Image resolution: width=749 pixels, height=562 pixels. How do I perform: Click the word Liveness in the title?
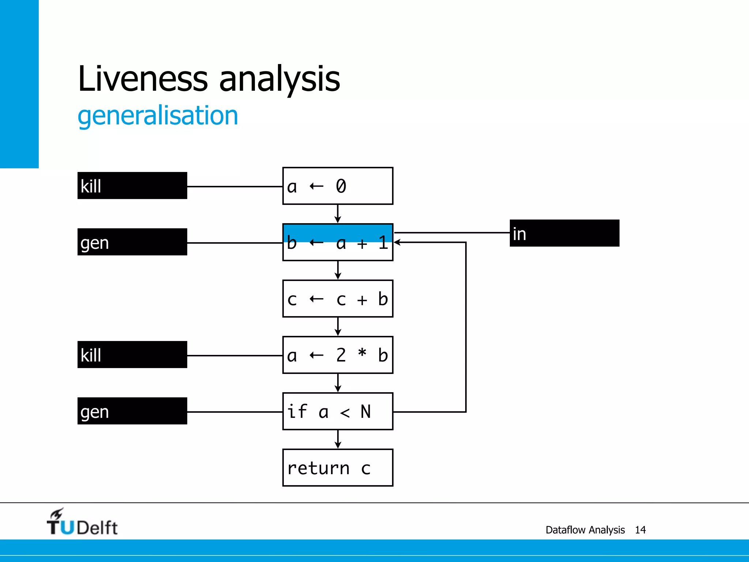[x=143, y=78]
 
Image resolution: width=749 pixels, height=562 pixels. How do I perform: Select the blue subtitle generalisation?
[x=158, y=116]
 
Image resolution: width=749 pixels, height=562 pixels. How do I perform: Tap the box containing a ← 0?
[x=338, y=186]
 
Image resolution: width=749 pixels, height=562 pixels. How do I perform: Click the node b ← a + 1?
[x=338, y=242]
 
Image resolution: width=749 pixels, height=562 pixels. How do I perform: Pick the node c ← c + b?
[x=338, y=299]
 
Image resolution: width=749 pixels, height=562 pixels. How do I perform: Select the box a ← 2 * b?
[x=338, y=355]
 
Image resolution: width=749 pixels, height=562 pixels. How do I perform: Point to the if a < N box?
[x=338, y=411]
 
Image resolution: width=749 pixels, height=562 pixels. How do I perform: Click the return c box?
[x=338, y=468]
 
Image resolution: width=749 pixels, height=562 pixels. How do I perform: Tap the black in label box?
[x=564, y=233]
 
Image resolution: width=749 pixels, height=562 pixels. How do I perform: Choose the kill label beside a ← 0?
[x=132, y=186]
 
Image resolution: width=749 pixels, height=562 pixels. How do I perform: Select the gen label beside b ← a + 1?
[x=132, y=242]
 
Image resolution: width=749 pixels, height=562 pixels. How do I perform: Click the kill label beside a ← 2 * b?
[x=132, y=355]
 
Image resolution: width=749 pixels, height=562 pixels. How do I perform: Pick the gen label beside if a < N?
[x=132, y=411]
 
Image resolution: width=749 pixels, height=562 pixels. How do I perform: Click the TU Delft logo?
[x=82, y=522]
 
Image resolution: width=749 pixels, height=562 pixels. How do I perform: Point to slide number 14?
[x=640, y=530]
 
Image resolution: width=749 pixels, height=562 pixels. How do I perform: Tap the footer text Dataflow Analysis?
[x=585, y=530]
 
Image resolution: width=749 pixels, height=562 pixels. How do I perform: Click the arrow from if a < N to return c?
[x=338, y=439]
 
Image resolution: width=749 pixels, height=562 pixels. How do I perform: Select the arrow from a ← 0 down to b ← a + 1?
[x=338, y=214]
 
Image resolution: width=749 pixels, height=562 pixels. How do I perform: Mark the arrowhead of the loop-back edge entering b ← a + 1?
[x=397, y=242]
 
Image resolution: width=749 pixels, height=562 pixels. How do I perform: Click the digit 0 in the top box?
[x=341, y=186]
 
